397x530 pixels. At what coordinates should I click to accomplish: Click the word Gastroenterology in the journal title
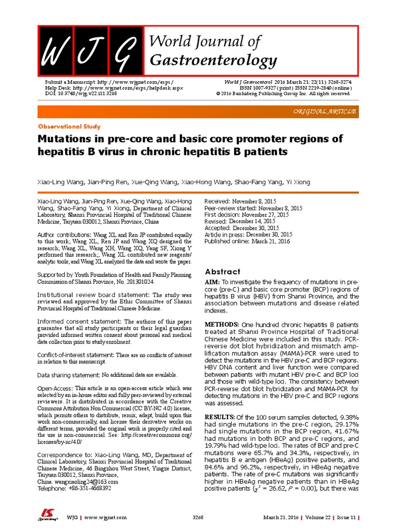(213, 61)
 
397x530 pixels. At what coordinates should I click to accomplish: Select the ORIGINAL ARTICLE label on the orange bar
(324, 112)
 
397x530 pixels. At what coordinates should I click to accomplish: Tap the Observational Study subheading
(69, 126)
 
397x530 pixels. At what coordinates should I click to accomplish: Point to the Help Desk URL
(114, 88)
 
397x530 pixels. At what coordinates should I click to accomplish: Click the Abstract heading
(222, 271)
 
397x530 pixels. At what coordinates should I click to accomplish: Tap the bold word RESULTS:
(220, 416)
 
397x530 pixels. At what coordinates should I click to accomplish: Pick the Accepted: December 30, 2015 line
(242, 228)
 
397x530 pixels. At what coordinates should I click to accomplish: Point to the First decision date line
(246, 214)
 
